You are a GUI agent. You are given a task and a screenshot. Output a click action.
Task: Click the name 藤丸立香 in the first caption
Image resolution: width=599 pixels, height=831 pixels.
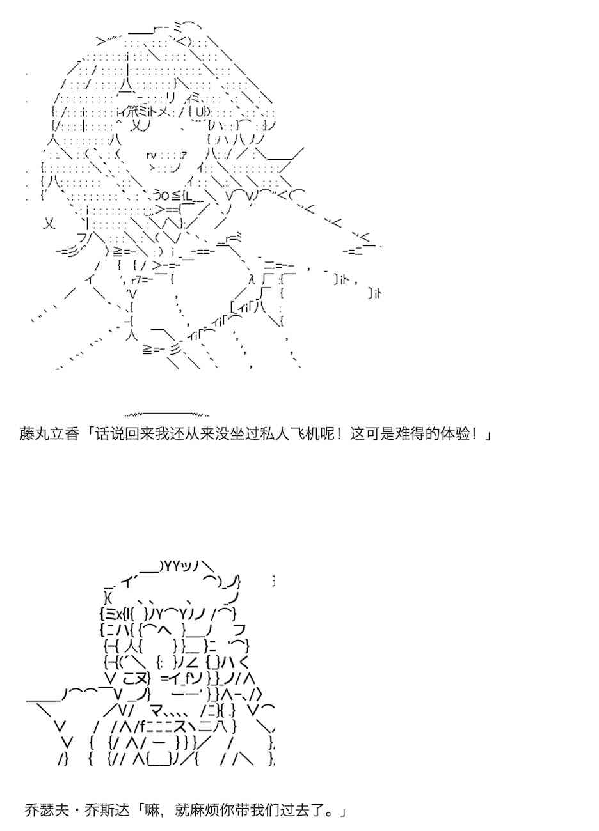(x=49, y=433)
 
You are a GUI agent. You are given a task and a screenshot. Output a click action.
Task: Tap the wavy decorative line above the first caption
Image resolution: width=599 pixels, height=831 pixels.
(x=166, y=414)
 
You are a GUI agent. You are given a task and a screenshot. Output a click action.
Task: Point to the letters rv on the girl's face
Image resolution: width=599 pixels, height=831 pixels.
(x=151, y=154)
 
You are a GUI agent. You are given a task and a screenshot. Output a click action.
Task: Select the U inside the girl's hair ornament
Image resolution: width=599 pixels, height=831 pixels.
(x=199, y=111)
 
